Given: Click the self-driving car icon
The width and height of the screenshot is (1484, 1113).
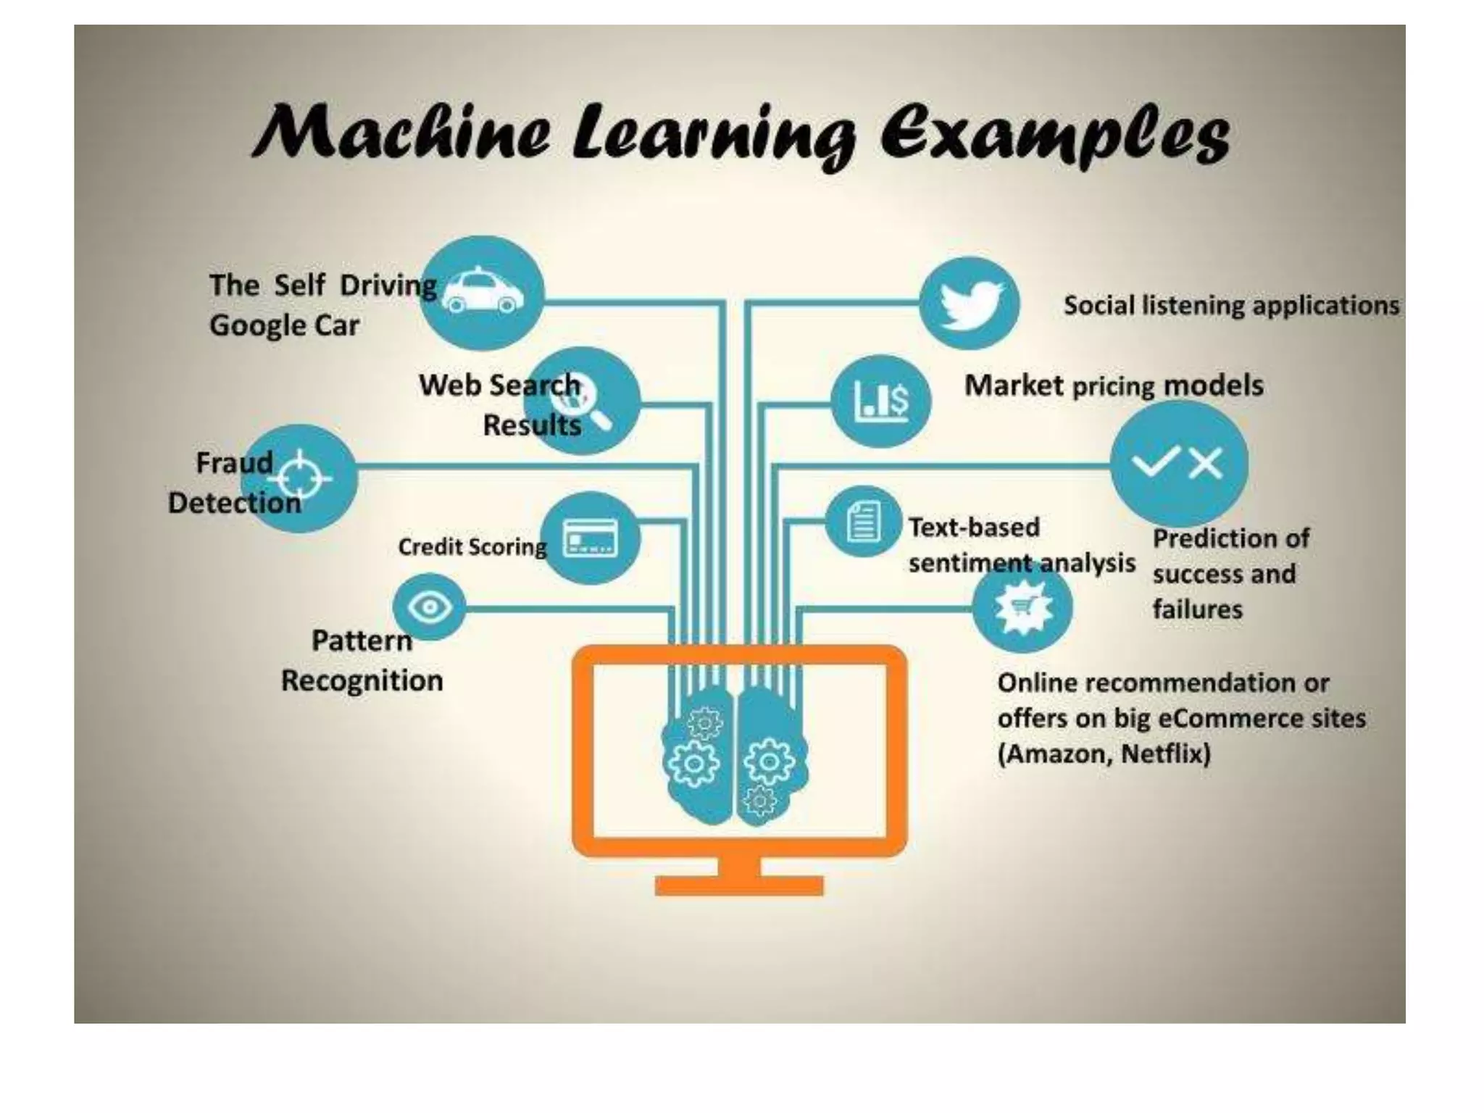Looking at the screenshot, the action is (x=483, y=293).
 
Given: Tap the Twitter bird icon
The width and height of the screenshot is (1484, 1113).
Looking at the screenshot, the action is (x=970, y=304).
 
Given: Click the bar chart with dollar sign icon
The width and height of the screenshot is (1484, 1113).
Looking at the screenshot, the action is (x=881, y=401).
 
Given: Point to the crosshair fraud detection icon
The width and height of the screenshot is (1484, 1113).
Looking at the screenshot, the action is (x=302, y=478).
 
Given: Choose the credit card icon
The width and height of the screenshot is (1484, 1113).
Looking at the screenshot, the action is (x=591, y=538).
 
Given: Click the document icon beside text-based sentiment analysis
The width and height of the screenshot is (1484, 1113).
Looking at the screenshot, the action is (x=862, y=522).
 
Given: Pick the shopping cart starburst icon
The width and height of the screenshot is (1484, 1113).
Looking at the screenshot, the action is (x=1022, y=606).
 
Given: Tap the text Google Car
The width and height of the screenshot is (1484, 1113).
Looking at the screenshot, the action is (x=284, y=325).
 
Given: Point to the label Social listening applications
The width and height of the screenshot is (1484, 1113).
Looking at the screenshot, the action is (x=1231, y=306).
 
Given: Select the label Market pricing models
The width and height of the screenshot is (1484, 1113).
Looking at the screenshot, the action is (x=1114, y=385).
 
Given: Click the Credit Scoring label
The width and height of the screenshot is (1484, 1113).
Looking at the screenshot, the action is (x=472, y=547).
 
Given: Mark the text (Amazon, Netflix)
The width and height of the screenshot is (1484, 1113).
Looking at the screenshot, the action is (x=1104, y=754).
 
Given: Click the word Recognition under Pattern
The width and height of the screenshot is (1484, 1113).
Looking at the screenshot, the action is (x=362, y=681).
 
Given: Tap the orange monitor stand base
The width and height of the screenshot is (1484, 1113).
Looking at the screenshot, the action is (x=739, y=885).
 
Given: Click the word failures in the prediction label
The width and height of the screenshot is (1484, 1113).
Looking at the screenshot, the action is (x=1197, y=609).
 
